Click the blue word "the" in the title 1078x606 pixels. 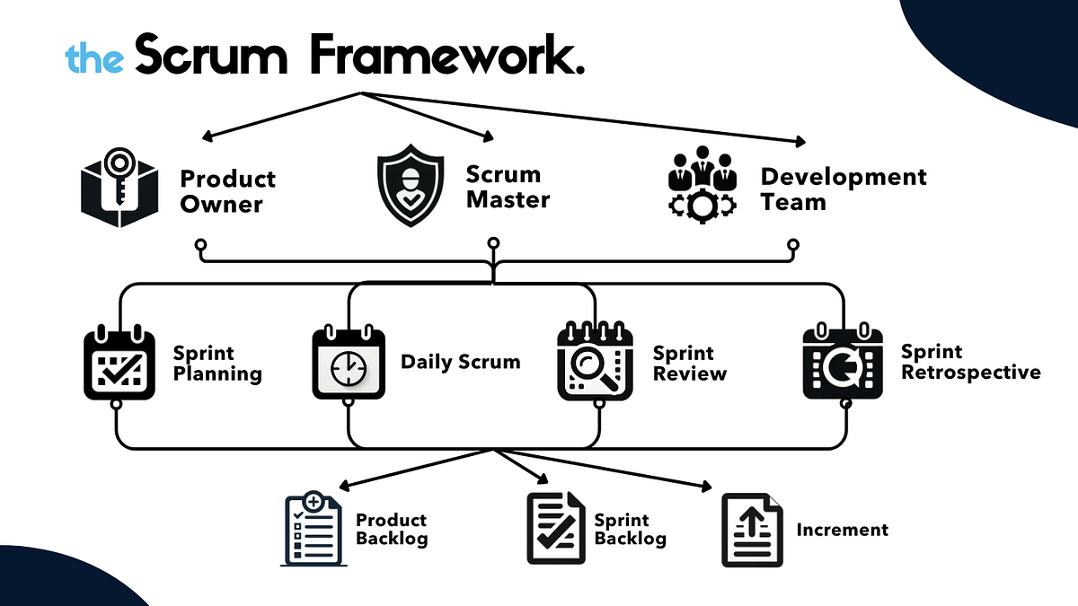coord(94,58)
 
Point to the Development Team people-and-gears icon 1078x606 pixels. coord(702,184)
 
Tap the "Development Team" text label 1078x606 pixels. coord(843,189)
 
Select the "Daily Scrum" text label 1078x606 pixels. coord(460,363)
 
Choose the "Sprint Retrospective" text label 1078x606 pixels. coord(970,362)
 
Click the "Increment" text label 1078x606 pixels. coord(842,530)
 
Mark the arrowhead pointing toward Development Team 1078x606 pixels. coord(799,141)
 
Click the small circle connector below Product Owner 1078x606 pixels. coord(200,243)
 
